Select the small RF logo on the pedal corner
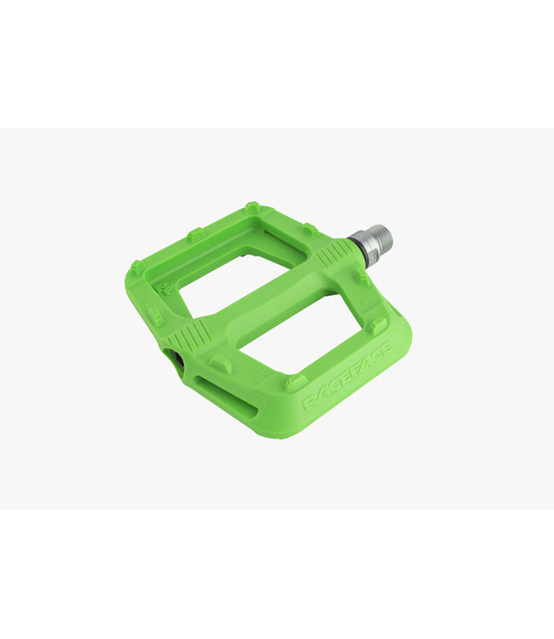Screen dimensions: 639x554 (x=166, y=287)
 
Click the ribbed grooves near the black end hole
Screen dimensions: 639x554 (x=194, y=334)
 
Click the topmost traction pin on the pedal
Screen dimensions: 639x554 (x=251, y=207)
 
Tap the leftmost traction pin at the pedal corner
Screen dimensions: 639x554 (x=136, y=267)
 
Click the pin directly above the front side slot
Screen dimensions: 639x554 (x=222, y=365)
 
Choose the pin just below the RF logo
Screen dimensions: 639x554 (x=154, y=317)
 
